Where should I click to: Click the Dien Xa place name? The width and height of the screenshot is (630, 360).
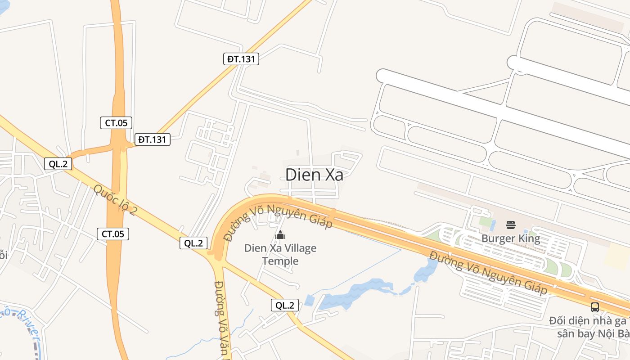314,175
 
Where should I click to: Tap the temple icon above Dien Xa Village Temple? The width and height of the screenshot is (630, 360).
280,235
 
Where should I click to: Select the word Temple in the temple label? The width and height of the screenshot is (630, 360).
280,261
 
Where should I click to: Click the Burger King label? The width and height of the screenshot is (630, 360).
510,238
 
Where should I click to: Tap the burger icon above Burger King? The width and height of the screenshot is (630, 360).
510,225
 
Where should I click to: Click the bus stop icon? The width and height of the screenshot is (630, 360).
594,307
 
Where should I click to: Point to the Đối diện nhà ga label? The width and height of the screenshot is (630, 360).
588,321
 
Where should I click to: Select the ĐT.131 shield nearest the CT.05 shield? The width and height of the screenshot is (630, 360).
152,139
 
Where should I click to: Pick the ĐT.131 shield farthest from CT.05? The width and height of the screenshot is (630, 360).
241,58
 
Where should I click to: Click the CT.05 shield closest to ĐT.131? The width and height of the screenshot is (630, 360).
116,123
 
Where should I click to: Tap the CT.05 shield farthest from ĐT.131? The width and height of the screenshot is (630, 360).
113,234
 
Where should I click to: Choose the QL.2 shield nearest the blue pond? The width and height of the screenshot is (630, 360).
285,305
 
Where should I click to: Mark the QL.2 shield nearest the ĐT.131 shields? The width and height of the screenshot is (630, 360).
58,164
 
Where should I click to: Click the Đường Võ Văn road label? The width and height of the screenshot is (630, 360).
222,319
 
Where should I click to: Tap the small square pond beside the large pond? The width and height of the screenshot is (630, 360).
309,300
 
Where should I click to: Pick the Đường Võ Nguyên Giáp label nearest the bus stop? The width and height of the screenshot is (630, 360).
488,273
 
